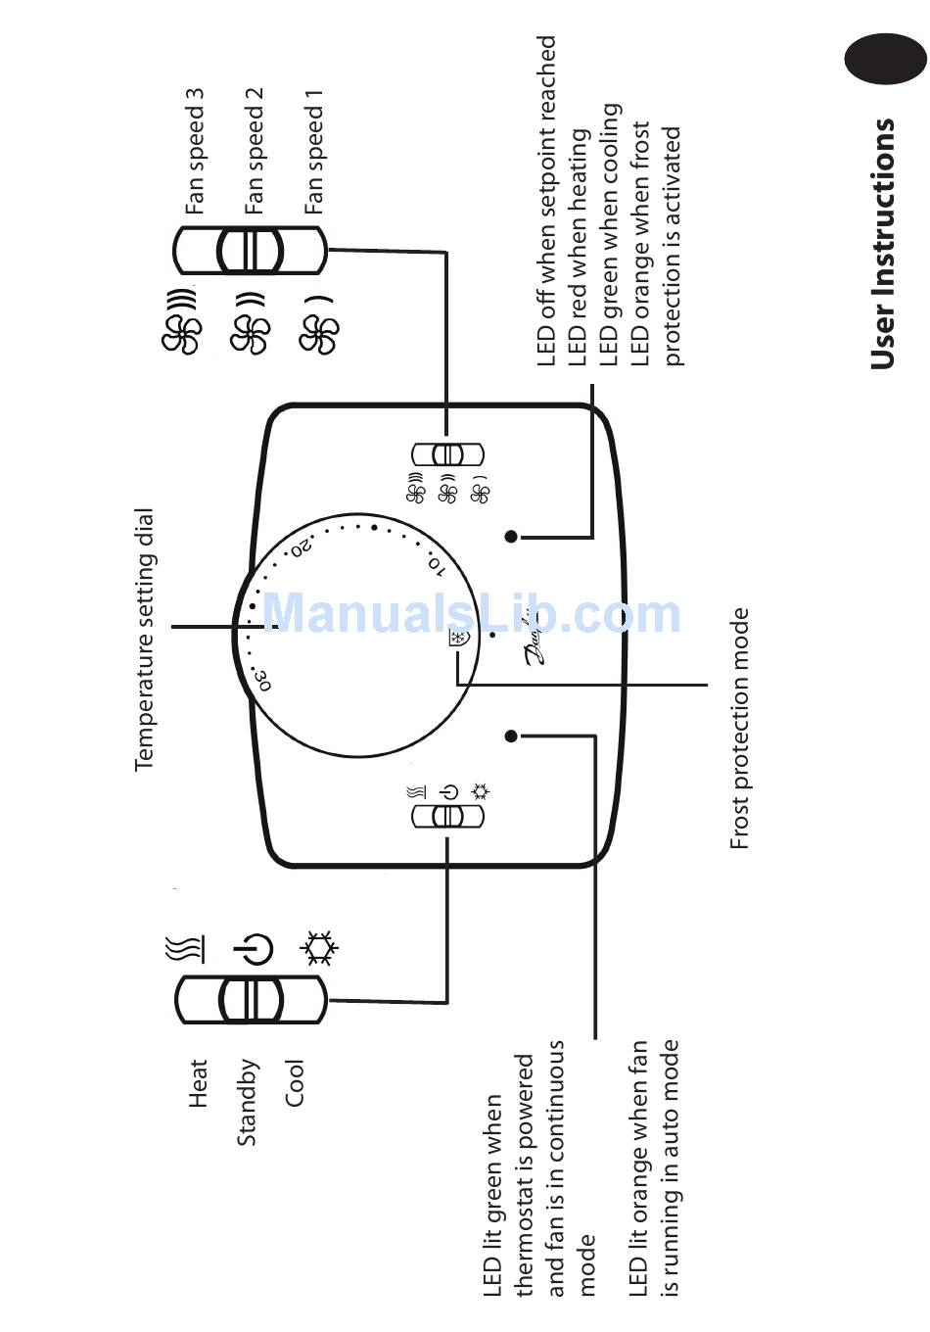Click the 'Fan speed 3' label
coord(195,151)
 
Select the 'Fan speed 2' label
coord(255,151)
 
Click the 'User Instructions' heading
coord(883,244)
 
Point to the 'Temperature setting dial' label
coord(145,640)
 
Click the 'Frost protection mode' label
coord(740,729)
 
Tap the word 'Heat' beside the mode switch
coord(199,1082)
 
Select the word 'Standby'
coord(247,1102)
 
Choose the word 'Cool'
coord(295,1082)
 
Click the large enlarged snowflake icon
coord(319,948)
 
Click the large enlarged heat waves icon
coord(186,948)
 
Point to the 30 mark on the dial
coord(261,679)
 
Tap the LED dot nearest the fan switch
coord(511,536)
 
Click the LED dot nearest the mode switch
coord(511,736)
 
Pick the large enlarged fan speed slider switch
coord(250,251)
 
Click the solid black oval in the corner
coord(885,58)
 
